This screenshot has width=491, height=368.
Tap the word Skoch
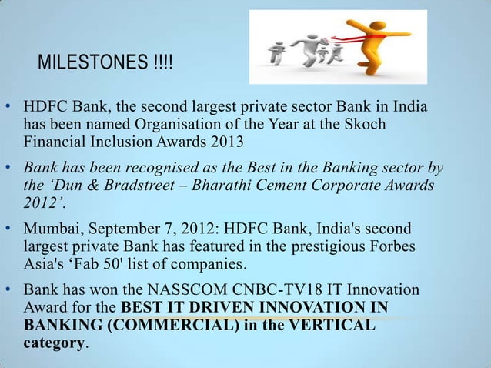click(x=369, y=124)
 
